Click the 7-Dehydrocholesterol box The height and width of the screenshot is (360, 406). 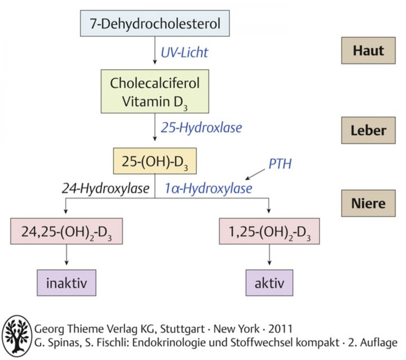coord(154,23)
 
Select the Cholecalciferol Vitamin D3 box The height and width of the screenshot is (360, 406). coord(155,91)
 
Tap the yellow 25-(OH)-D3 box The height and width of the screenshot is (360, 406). coord(155,161)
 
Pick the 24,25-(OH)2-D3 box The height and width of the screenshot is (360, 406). coord(67,231)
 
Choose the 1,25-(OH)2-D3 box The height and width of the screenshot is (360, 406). coord(269,231)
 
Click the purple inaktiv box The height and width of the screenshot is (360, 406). coord(67,283)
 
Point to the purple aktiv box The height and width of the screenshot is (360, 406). coord(269,283)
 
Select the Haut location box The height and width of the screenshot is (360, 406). coord(368,51)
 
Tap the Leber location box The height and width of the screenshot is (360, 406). coord(368,130)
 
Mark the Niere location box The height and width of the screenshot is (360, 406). coord(368,204)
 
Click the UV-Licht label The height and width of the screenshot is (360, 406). coord(184,52)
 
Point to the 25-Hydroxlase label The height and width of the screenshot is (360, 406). coord(201,128)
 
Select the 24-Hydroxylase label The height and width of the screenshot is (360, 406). coord(105,189)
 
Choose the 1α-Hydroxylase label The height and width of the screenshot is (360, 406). coord(208,189)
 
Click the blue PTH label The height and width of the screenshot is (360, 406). coord(280,164)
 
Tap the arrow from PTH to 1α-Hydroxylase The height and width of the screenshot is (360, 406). coord(255,174)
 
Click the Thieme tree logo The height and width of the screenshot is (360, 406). coord(17,336)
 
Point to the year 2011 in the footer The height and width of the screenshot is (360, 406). coord(280,329)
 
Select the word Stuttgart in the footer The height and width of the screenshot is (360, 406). coord(182,329)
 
